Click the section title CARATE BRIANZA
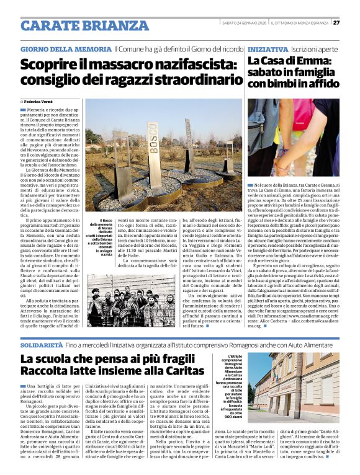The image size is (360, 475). [x=84, y=26]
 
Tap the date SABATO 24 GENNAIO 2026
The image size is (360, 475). [x=246, y=23]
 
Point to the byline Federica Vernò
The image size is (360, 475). [x=40, y=100]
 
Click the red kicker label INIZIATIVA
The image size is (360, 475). [x=268, y=49]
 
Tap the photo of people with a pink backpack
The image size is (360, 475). [x=292, y=137]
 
